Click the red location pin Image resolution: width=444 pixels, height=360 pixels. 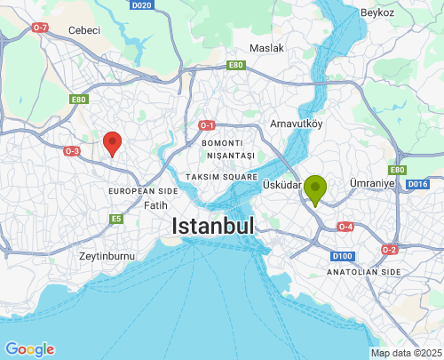coord(112,142)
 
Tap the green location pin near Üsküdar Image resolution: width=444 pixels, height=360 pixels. coord(314,189)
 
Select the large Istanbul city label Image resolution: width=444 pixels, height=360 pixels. coord(213,226)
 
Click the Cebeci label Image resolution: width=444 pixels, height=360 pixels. coord(84,30)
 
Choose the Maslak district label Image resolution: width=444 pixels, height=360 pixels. coord(266,48)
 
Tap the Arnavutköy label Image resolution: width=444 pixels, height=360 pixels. coord(296,123)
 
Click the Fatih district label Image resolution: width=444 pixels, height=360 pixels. coord(155,205)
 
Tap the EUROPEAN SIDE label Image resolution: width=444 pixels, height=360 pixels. coord(143,191)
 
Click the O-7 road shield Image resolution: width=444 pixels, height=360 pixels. coord(40,28)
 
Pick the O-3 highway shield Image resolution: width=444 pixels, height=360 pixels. coord(72,151)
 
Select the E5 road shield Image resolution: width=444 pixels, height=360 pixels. coord(116,218)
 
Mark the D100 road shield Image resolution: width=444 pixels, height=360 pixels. coord(342,256)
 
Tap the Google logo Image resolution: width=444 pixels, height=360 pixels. coord(29,349)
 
